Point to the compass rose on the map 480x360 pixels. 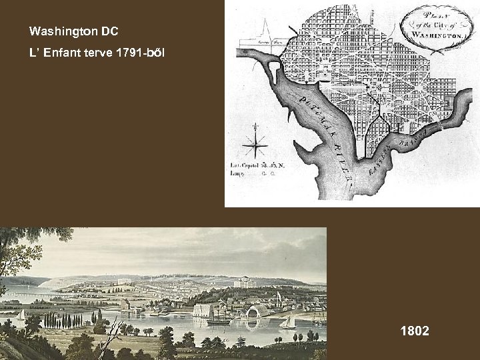tap(255, 143)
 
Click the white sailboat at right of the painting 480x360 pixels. tap(288, 321)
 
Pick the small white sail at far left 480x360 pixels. tap(22, 314)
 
